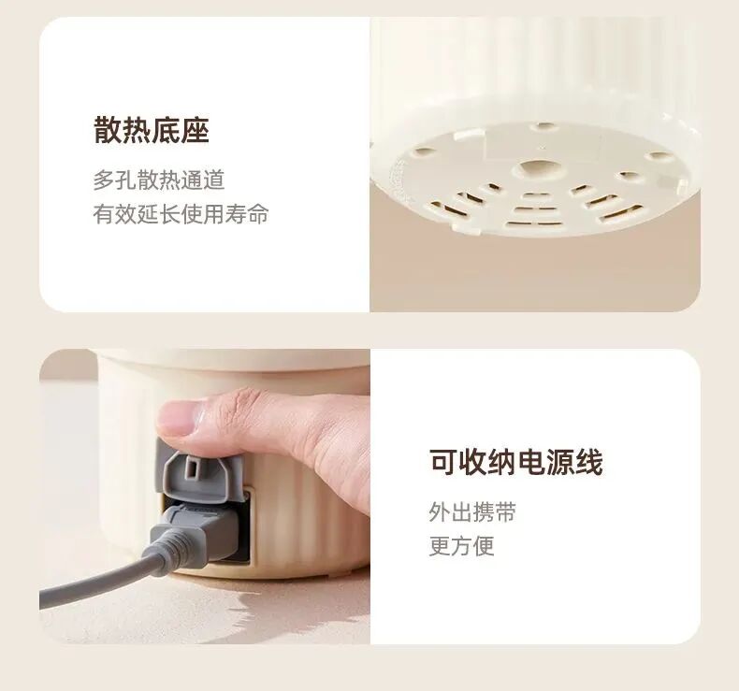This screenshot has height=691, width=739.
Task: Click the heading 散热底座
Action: (x=152, y=130)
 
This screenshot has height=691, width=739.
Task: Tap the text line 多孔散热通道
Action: (x=158, y=180)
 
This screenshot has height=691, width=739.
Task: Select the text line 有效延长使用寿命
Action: (x=181, y=214)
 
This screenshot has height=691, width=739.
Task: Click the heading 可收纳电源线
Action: (x=516, y=462)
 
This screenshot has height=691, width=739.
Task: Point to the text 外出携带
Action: (x=472, y=512)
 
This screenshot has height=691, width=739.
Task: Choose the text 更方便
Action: (x=462, y=546)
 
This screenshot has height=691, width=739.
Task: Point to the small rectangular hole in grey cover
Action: (x=193, y=468)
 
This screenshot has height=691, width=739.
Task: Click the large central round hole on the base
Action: (x=540, y=168)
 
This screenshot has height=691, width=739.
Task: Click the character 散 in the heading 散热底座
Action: (x=108, y=130)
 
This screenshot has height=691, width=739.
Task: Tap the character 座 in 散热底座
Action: (x=196, y=130)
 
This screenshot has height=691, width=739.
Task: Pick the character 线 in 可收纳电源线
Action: (x=588, y=462)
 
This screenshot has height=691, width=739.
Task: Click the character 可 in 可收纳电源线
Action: (x=444, y=462)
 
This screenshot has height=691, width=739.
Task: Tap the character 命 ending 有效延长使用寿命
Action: (x=258, y=214)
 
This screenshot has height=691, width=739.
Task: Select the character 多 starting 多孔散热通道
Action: (x=104, y=180)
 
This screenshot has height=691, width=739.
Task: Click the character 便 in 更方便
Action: (x=484, y=546)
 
